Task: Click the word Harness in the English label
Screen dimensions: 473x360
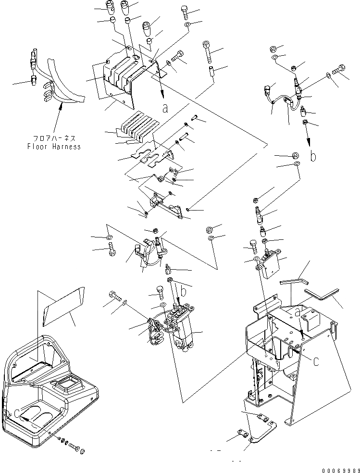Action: [65, 147]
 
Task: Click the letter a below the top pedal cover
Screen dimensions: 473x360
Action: [165, 108]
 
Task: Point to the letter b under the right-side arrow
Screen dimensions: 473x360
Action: [313, 156]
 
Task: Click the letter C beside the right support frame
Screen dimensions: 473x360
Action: [316, 361]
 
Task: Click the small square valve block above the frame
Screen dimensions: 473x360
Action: [271, 260]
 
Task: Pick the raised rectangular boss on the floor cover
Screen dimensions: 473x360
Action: [64, 386]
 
